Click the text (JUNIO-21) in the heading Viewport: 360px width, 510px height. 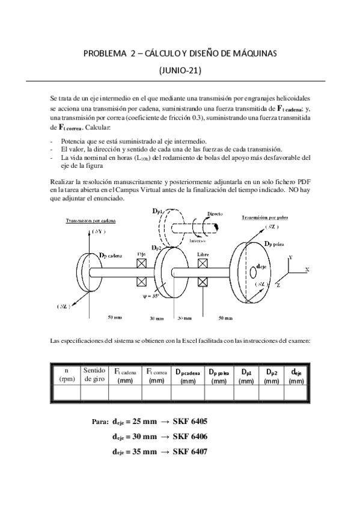(x=180, y=70)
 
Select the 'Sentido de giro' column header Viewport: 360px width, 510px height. (x=94, y=375)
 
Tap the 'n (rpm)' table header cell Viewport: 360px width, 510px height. (x=64, y=375)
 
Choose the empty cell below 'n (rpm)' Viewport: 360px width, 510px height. (x=64, y=393)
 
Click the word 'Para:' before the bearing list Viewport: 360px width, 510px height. (x=100, y=422)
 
